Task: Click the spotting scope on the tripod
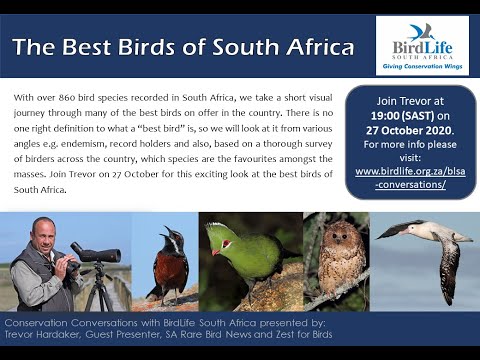tap(98, 252)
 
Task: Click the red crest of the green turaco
tap(214, 226)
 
